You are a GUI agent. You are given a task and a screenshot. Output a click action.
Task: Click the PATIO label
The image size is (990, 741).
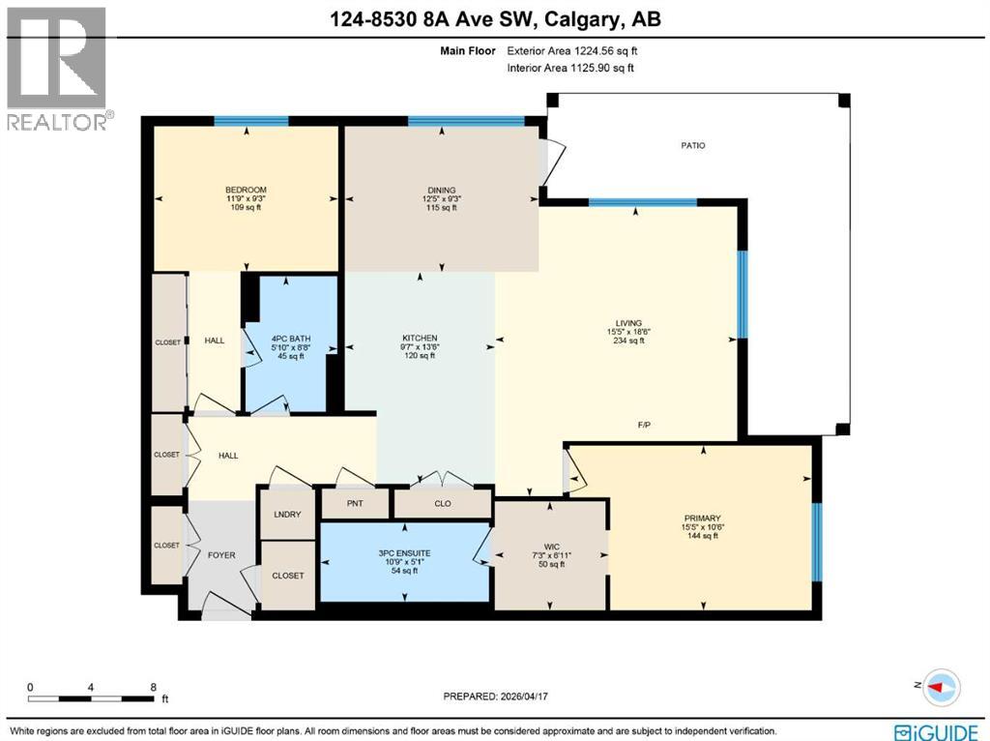tap(691, 146)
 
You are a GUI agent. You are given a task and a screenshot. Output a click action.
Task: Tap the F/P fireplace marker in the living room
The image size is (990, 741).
tap(644, 424)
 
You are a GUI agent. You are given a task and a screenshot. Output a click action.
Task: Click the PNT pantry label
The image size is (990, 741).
tap(354, 503)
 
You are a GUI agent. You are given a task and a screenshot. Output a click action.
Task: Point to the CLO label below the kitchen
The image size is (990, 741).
tap(443, 503)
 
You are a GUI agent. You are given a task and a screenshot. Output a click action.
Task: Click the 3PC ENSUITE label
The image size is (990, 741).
tap(405, 552)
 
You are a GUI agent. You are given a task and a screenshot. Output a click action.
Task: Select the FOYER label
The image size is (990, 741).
tap(221, 555)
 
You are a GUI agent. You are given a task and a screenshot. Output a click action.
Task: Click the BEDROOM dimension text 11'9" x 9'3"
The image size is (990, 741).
tap(246, 199)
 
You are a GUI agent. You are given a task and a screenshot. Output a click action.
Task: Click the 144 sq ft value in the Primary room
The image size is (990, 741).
tap(702, 536)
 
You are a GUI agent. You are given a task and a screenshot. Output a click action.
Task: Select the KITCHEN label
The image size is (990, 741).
tap(420, 338)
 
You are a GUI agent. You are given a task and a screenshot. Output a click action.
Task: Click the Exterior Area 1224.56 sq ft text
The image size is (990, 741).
tap(571, 50)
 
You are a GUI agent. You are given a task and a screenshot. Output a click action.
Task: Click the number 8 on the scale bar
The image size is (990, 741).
tap(153, 687)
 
